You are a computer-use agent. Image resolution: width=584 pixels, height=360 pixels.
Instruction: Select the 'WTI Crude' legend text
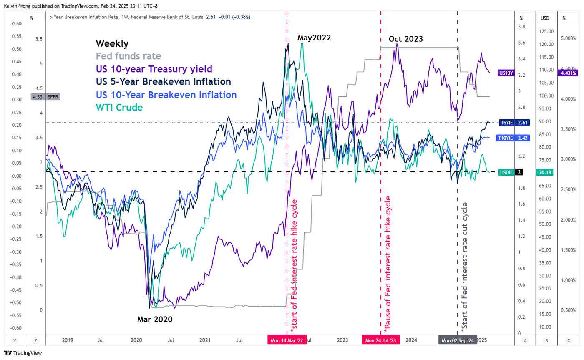point(119,107)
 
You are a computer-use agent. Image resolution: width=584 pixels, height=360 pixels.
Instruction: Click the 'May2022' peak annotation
point(314,38)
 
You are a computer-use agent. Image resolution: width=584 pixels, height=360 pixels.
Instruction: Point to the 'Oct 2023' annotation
point(405,39)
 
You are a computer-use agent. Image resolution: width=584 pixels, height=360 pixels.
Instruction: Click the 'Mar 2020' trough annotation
point(155,320)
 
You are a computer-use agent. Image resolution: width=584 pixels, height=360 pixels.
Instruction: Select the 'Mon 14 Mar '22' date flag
point(287,340)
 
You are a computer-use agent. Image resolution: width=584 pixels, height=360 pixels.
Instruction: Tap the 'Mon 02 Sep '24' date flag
point(458,340)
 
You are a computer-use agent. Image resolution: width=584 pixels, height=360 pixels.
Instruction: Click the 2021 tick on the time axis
point(205,340)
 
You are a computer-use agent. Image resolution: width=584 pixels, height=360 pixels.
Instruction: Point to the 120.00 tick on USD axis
point(546,44)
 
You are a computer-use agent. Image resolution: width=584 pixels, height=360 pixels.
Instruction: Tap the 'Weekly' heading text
point(112,43)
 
